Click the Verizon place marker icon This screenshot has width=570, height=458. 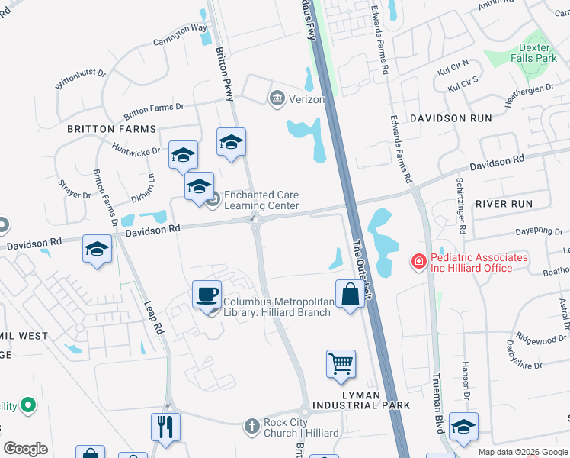pyautogui.click(x=276, y=99)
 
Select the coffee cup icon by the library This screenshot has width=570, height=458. pyautogui.click(x=207, y=295)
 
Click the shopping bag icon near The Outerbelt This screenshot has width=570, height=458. pyautogui.click(x=349, y=294)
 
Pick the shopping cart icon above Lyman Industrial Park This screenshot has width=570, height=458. pyautogui.click(x=341, y=363)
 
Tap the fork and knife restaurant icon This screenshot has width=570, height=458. pyautogui.click(x=165, y=427)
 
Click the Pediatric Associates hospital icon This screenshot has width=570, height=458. pyautogui.click(x=418, y=263)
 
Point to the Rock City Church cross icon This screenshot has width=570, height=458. pyautogui.click(x=252, y=427)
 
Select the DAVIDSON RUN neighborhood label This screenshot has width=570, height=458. pyautogui.click(x=442, y=118)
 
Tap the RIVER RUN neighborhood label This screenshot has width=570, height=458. pyautogui.click(x=503, y=204)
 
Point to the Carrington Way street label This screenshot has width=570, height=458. pyautogui.click(x=180, y=34)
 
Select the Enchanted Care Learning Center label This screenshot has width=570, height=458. pyautogui.click(x=261, y=200)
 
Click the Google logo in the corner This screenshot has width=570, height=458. pyautogui.click(x=25, y=449)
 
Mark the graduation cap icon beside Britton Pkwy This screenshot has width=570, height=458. pyautogui.click(x=231, y=142)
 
